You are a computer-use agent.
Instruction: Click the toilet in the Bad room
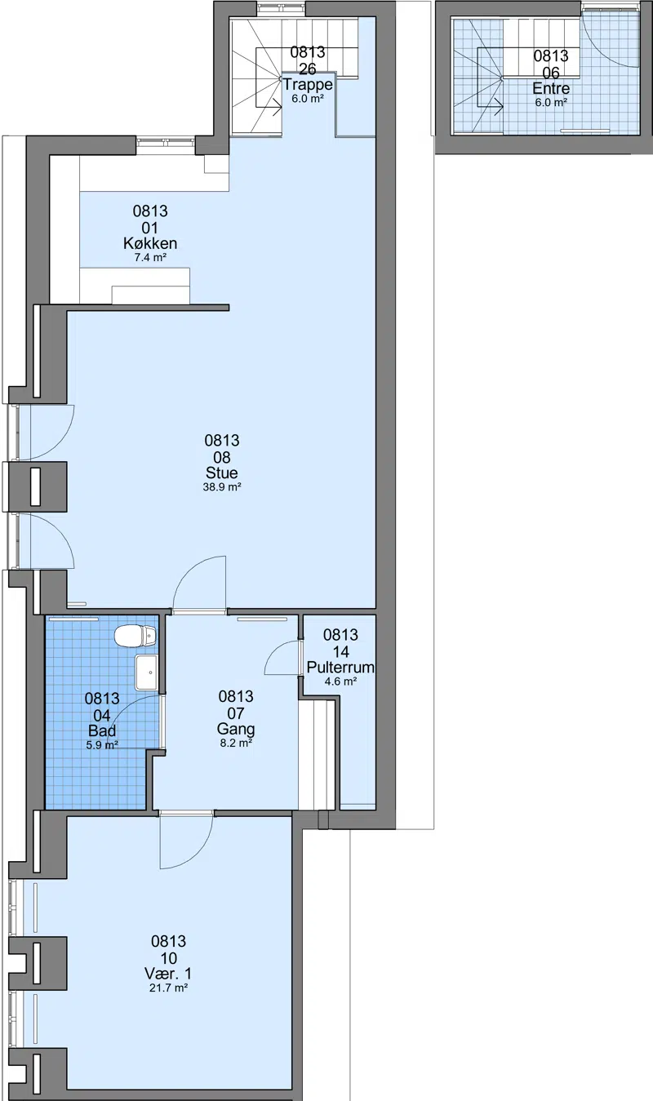[x=135, y=637]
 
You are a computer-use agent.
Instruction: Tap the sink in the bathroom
[x=147, y=673]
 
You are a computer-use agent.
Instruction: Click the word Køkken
[x=150, y=243]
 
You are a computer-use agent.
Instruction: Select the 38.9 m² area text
[x=222, y=487]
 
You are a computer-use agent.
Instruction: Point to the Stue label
[x=222, y=473]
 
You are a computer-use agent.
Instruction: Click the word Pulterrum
[x=340, y=668]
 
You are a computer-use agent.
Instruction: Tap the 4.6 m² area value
[x=340, y=681]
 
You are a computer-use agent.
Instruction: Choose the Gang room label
[x=236, y=729]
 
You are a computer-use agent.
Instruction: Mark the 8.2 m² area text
[x=236, y=744]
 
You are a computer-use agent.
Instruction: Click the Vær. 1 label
[x=168, y=974]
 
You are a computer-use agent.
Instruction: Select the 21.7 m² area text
[x=168, y=988]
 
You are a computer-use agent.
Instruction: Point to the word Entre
[x=551, y=88]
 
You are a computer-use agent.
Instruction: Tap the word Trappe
[x=308, y=85]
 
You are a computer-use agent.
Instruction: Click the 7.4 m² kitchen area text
[x=150, y=257]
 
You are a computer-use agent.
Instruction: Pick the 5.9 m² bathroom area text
[x=102, y=744]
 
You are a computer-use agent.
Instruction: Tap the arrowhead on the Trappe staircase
[x=278, y=104]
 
